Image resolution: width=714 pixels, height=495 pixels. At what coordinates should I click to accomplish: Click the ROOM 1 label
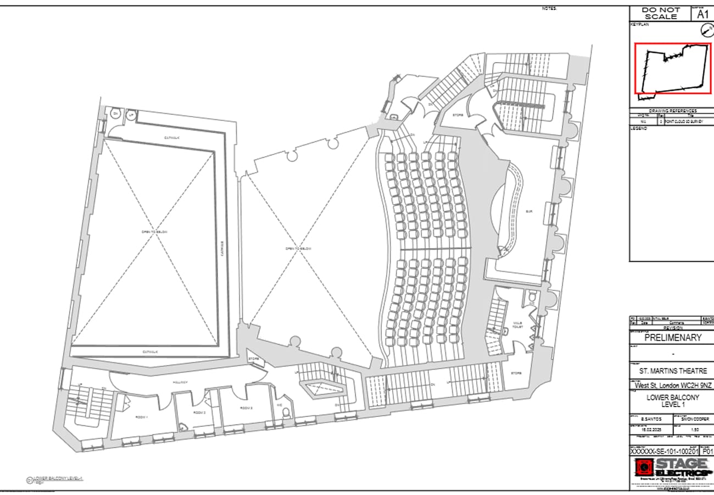click(x=141, y=417)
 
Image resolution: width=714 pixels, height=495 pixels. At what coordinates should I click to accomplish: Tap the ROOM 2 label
click(x=199, y=412)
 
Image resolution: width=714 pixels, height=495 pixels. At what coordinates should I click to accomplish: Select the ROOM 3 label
click(x=246, y=408)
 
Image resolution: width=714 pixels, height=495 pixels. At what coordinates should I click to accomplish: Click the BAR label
click(x=529, y=211)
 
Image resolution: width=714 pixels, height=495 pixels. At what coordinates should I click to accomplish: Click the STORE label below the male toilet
click(x=516, y=373)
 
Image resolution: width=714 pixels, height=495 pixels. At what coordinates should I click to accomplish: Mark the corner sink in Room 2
click(x=182, y=425)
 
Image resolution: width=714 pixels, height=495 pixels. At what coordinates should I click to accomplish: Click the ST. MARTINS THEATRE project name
click(x=673, y=371)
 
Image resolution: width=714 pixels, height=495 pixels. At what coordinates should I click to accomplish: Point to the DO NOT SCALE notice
click(x=661, y=13)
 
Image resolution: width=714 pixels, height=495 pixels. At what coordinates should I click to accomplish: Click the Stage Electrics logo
click(x=671, y=468)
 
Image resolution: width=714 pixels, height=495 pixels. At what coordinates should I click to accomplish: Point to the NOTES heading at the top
click(x=549, y=8)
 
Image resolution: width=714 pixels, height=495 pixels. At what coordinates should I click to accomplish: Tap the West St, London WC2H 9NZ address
click(x=673, y=386)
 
